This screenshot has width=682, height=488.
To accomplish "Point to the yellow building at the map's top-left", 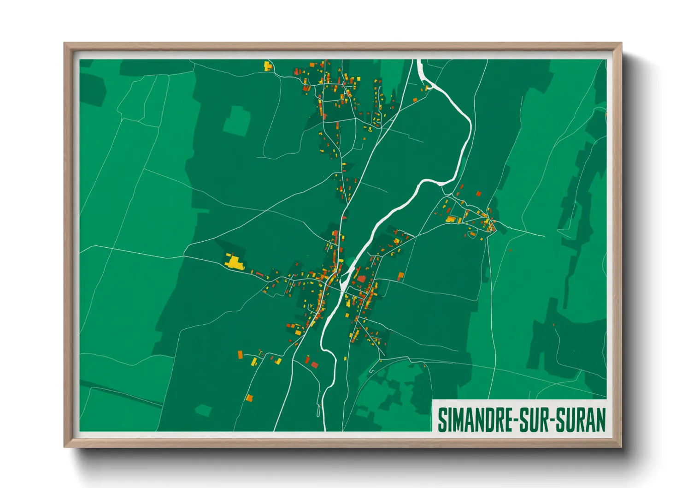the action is pyautogui.click(x=268, y=66).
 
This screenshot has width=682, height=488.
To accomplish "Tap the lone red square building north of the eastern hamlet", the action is pyautogui.click(x=478, y=194).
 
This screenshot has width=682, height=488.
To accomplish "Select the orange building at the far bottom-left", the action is pyautogui.click(x=249, y=397).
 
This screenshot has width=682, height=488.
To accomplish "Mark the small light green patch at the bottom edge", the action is pyautogui.click(x=203, y=410).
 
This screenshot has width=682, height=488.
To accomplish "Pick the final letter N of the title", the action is pyautogui.click(x=600, y=420).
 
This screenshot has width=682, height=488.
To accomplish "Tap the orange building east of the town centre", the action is pyautogui.click(x=400, y=276).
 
